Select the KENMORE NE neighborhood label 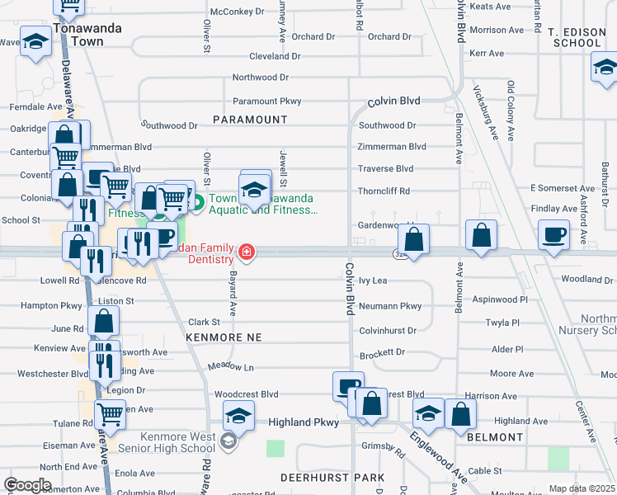tap(224, 337)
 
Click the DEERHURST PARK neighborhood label tap(332, 478)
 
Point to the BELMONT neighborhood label tap(495, 437)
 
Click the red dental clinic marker tap(246, 251)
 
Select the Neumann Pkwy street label tap(390, 306)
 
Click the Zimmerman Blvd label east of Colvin tap(392, 147)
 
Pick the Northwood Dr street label tap(260, 77)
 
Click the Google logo tap(27, 485)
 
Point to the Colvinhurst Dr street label tap(388, 330)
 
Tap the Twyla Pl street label tap(502, 323)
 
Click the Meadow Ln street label tap(231, 366)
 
